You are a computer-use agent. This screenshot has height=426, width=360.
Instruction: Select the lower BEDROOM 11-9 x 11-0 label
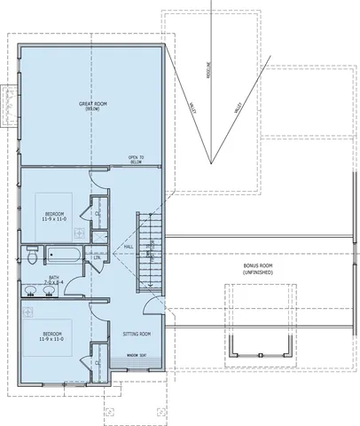pyautogui.click(x=52, y=336)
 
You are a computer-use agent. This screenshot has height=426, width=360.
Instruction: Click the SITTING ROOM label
pyautogui.click(x=136, y=333)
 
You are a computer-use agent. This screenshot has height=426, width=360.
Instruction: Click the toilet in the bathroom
pyautogui.click(x=30, y=257)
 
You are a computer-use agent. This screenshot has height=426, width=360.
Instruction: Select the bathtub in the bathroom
pyautogui.click(x=64, y=257)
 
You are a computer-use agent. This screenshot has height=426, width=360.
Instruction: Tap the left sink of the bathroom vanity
pyautogui.click(x=29, y=313)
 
